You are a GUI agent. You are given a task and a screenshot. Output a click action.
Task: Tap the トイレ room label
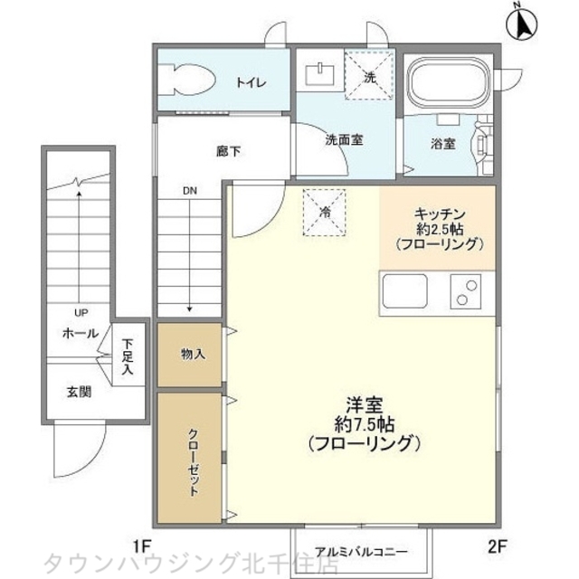[251, 82]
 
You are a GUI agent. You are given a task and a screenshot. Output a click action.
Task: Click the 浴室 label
[442, 143]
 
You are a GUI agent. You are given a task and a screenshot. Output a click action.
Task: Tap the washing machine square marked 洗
[368, 77]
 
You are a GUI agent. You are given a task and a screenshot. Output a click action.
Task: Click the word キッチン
[439, 213]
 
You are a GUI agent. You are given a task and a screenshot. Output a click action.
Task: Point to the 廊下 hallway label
[228, 151]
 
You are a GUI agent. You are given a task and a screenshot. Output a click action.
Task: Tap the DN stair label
[189, 191]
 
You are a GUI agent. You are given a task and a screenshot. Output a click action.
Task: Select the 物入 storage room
[193, 354]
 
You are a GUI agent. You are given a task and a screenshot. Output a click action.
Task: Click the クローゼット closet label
[193, 460]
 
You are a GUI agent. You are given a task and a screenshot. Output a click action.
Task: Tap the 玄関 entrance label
[78, 392]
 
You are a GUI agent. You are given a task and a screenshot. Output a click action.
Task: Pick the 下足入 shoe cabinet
[128, 356]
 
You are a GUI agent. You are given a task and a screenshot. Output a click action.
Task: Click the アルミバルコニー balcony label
[361, 550]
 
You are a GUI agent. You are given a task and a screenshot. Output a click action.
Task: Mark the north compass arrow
[523, 23]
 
